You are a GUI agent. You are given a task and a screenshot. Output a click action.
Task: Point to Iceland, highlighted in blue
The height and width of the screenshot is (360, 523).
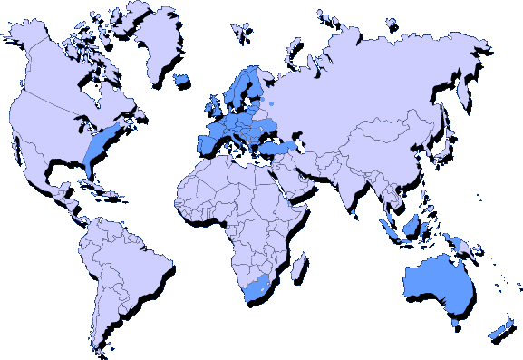pyautogui.click(x=181, y=80)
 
